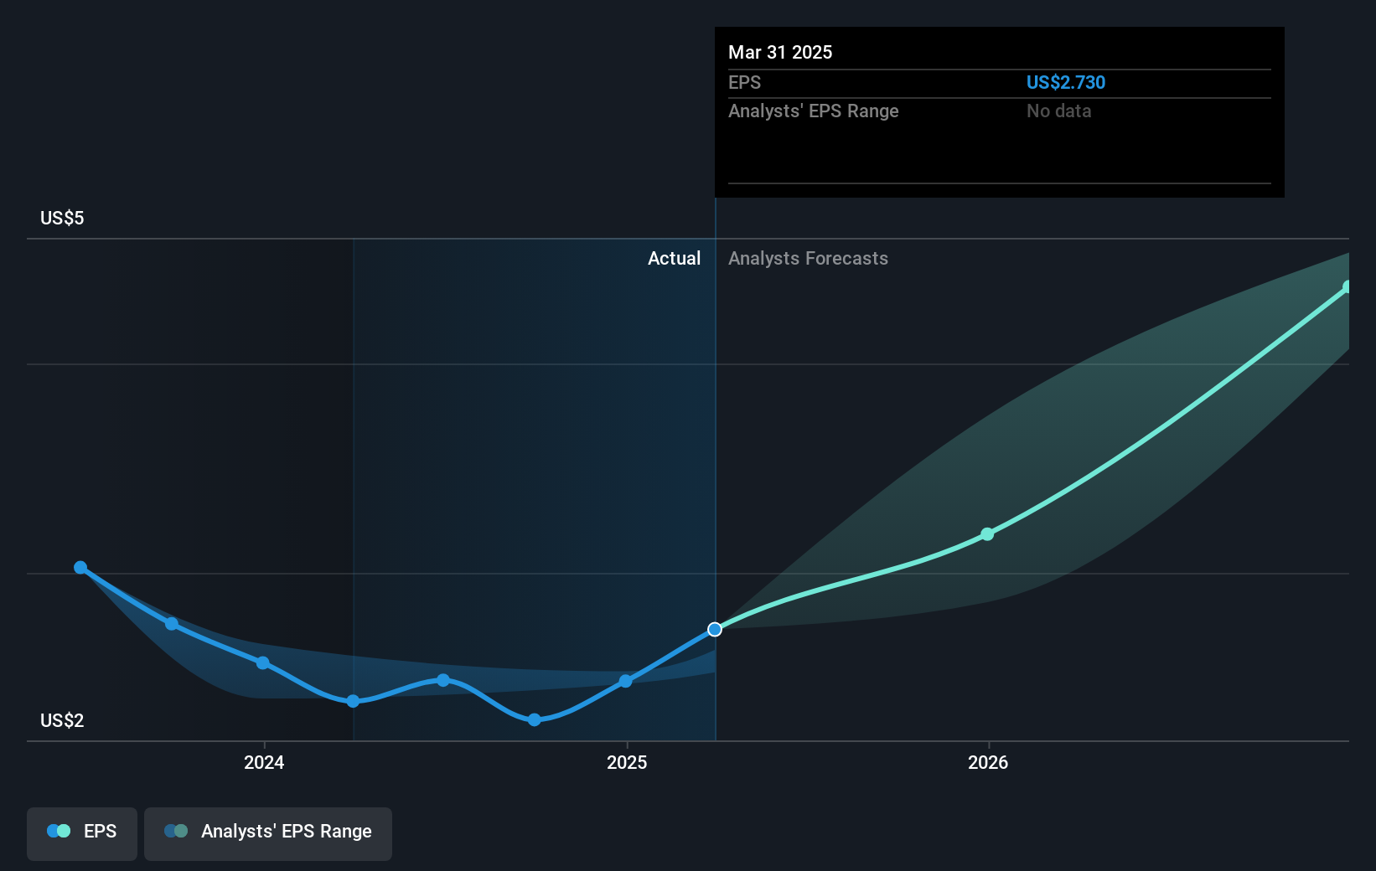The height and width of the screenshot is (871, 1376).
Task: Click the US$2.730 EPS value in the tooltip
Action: click(1065, 82)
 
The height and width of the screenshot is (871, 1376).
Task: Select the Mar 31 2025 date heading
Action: click(780, 52)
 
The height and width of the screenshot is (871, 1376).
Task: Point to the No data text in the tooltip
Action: click(1058, 111)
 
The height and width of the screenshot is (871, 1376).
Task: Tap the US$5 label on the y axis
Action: click(62, 218)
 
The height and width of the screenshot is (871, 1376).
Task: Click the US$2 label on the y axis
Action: click(62, 720)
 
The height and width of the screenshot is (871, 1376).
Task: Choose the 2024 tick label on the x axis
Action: click(264, 762)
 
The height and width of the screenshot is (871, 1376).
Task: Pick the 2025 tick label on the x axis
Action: click(627, 762)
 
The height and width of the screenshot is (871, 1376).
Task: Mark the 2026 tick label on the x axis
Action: click(988, 762)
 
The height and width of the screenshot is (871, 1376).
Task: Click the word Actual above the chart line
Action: click(674, 258)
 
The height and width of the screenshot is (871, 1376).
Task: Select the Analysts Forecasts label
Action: click(808, 258)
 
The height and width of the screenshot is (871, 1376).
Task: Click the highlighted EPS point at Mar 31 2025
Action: click(715, 629)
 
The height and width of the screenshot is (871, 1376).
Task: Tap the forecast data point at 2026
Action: click(987, 534)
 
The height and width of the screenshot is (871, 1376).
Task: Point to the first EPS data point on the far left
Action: click(80, 567)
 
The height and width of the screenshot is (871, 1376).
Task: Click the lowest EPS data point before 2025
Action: click(534, 719)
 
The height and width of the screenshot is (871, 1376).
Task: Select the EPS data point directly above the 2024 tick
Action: click(263, 662)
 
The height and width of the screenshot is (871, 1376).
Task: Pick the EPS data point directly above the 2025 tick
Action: click(625, 681)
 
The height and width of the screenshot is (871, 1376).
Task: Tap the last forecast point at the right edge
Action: click(1348, 287)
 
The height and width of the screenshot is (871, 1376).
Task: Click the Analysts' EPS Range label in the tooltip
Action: click(813, 111)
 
